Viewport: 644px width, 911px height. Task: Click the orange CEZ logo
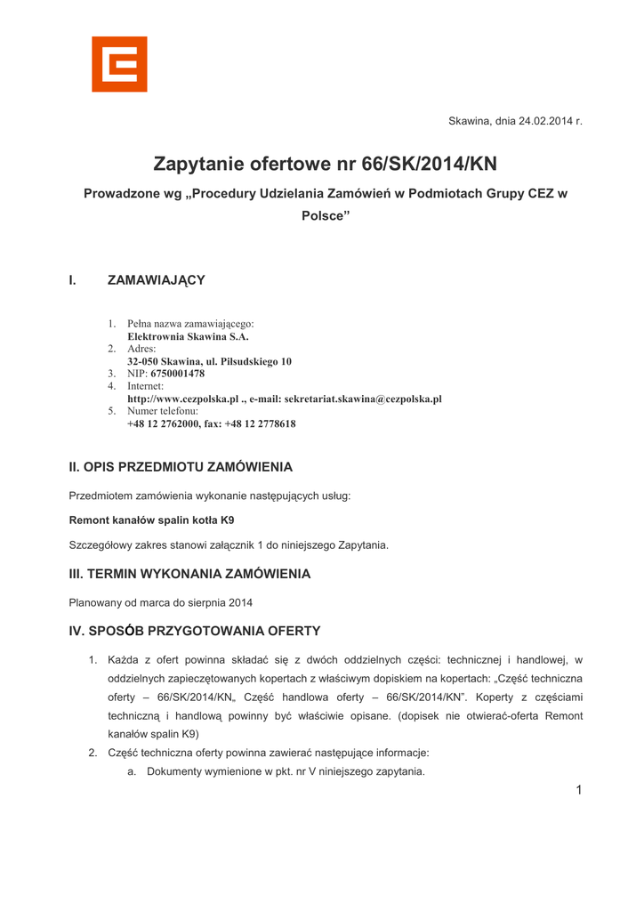click(119, 64)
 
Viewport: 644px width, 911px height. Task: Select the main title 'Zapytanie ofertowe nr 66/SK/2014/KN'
click(325, 165)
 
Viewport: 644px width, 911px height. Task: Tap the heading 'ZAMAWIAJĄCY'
click(157, 280)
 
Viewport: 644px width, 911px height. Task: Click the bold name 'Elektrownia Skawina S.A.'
click(188, 337)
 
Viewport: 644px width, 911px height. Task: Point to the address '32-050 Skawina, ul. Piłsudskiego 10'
click(209, 362)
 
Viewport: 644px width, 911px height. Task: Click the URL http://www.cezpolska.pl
click(183, 399)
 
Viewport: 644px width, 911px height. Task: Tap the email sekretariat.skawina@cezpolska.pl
click(363, 399)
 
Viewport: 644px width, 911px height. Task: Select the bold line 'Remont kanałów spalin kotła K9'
click(152, 520)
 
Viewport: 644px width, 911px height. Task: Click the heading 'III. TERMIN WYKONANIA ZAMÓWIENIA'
click(189, 574)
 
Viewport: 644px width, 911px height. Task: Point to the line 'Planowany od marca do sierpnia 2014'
click(161, 603)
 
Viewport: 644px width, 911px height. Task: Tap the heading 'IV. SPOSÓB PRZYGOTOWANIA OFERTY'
click(195, 632)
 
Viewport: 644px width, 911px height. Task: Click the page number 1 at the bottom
click(578, 791)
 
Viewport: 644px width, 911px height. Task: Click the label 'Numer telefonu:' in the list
click(163, 412)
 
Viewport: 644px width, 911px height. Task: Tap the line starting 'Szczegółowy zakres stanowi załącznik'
click(229, 544)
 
